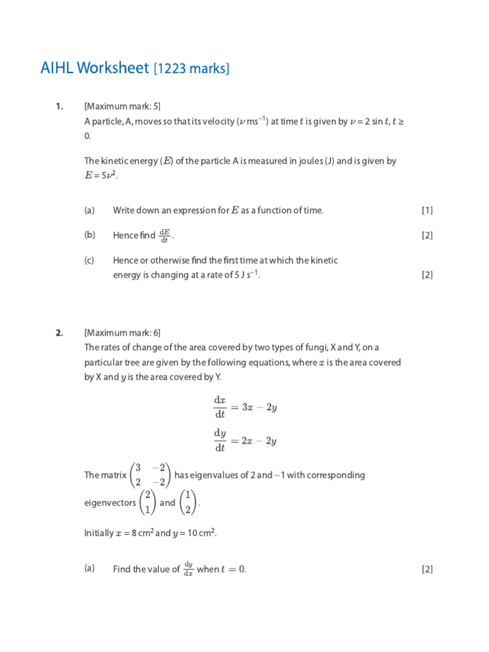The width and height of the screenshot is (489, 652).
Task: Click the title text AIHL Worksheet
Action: point(94,68)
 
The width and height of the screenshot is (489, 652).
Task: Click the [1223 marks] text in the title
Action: point(191,69)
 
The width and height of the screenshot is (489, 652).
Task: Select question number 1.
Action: point(59,106)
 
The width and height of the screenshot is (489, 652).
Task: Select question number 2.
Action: point(59,332)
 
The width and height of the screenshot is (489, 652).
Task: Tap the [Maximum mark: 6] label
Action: point(122,332)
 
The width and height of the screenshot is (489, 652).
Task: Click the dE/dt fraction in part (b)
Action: point(164,236)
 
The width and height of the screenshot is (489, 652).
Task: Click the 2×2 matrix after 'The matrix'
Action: point(150,475)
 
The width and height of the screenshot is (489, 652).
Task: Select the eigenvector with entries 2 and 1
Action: point(147,502)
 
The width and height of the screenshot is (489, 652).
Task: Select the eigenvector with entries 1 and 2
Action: point(187,502)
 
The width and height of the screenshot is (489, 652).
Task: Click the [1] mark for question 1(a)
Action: point(427,211)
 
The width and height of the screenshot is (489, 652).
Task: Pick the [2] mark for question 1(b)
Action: point(427,236)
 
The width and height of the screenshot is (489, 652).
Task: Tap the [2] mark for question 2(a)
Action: point(427,570)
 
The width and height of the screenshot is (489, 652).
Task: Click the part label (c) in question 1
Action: point(89,260)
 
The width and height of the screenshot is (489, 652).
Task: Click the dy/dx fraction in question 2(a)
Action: point(188,569)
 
